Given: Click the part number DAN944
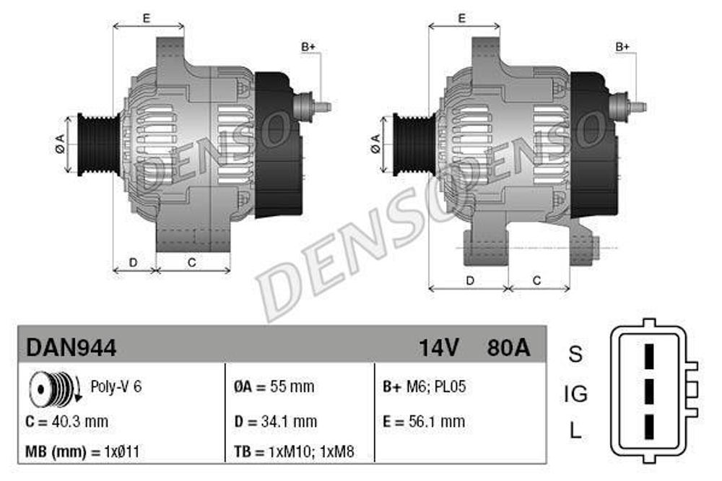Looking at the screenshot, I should (71, 348).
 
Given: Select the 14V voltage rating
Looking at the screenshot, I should (439, 348).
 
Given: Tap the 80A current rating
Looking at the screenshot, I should (508, 348).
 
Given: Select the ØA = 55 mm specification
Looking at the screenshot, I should (274, 386).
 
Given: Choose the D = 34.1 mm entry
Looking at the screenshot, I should (276, 421).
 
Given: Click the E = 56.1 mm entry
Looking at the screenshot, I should (424, 421).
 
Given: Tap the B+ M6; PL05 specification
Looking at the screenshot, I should (424, 386).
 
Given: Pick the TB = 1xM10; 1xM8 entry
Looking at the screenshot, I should (294, 453).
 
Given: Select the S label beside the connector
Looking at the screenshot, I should (575, 355).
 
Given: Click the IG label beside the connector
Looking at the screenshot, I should (575, 394).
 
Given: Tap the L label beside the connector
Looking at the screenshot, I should (575, 432).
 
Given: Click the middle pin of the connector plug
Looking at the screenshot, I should (648, 392).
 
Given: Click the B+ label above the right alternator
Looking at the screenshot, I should (622, 46).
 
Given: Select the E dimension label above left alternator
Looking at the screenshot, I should (147, 19).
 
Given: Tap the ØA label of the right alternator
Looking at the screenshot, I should (375, 144).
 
